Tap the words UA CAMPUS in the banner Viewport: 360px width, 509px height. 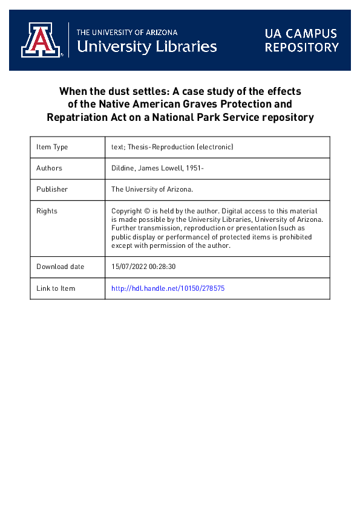point(301,34)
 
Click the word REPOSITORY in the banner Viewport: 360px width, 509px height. point(301,47)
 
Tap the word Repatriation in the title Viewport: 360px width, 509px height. point(74,117)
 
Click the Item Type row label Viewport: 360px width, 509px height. point(52,147)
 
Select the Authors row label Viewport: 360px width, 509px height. point(49,168)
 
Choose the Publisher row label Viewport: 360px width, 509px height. point(52,189)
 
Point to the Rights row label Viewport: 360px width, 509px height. point(47,211)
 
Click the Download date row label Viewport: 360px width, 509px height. point(60,267)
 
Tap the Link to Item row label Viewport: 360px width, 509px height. point(56,288)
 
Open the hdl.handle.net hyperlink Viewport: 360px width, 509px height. point(168,288)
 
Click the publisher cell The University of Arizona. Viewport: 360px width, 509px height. point(152,189)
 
